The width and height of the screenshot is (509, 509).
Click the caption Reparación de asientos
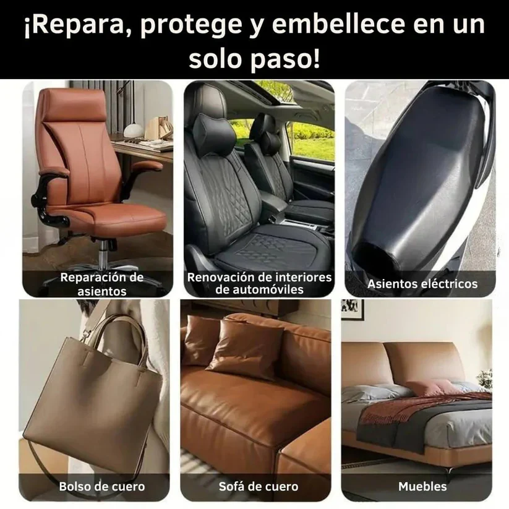[x=102, y=284]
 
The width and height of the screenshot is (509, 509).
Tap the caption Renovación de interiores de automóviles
[x=259, y=284]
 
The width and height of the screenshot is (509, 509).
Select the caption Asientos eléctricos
[x=422, y=284]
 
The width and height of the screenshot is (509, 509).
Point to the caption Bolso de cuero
[x=102, y=486]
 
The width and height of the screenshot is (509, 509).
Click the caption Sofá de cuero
[x=259, y=486]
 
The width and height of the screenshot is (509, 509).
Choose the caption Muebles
[x=422, y=486]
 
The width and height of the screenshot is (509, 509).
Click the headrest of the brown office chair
[x=70, y=105]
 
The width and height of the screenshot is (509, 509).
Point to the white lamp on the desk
[x=133, y=129]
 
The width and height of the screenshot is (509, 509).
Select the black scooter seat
[x=421, y=179]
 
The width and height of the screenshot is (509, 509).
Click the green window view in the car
[x=313, y=139]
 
